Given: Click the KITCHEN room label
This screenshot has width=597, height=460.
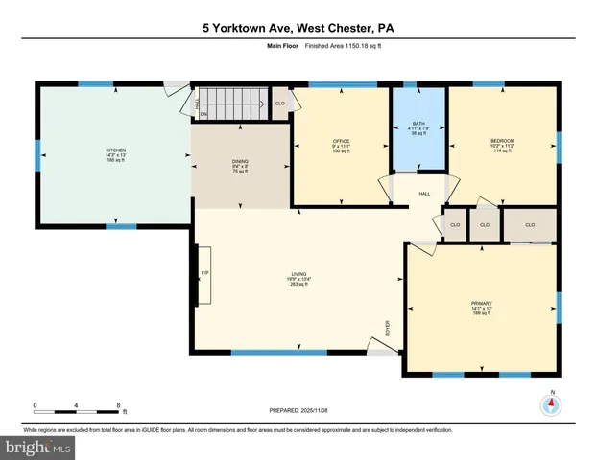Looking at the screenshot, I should (115, 150).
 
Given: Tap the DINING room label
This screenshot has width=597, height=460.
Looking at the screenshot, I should (240, 161).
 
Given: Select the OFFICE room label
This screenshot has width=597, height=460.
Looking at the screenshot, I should (341, 142).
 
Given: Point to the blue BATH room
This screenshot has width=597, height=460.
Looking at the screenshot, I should (418, 128).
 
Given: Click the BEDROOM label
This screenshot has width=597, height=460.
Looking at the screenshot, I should (503, 142).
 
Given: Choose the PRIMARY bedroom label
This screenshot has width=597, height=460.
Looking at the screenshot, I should (482, 304).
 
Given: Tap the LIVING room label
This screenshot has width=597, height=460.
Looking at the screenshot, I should (299, 274).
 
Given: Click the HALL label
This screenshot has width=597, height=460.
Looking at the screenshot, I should (424, 195).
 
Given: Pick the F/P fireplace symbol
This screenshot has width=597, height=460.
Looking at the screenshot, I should (204, 273).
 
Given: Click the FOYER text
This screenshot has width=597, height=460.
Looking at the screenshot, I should (389, 330).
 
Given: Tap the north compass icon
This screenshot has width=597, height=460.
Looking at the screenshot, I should (551, 403).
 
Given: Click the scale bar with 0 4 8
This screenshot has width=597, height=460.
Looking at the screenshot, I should (76, 410).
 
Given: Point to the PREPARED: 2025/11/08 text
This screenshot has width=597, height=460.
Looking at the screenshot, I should (298, 410).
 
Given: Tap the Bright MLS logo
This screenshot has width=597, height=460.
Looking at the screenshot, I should (38, 447).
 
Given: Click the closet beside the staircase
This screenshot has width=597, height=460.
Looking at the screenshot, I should (280, 103).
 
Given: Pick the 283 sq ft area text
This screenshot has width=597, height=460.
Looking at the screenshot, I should (299, 285).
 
